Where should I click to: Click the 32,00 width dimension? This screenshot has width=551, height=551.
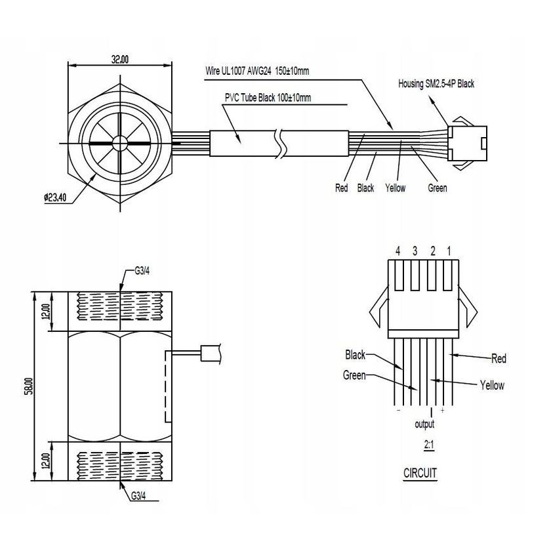click(x=119, y=58)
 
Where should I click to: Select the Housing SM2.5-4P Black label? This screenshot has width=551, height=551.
click(x=436, y=84)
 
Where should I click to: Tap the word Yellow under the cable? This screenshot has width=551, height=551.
click(x=396, y=188)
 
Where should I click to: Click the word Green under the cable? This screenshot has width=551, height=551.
click(x=437, y=188)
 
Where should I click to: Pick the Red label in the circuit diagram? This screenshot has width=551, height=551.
click(x=499, y=359)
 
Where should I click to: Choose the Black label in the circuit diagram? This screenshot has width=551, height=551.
click(x=355, y=356)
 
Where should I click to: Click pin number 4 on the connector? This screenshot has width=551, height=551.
click(x=398, y=251)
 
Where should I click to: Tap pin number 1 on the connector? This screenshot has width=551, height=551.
click(x=449, y=251)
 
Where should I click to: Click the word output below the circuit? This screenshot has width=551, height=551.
click(x=425, y=424)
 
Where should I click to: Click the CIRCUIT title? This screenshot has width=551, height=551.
click(x=420, y=472)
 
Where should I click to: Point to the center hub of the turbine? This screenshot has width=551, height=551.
click(x=119, y=143)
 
